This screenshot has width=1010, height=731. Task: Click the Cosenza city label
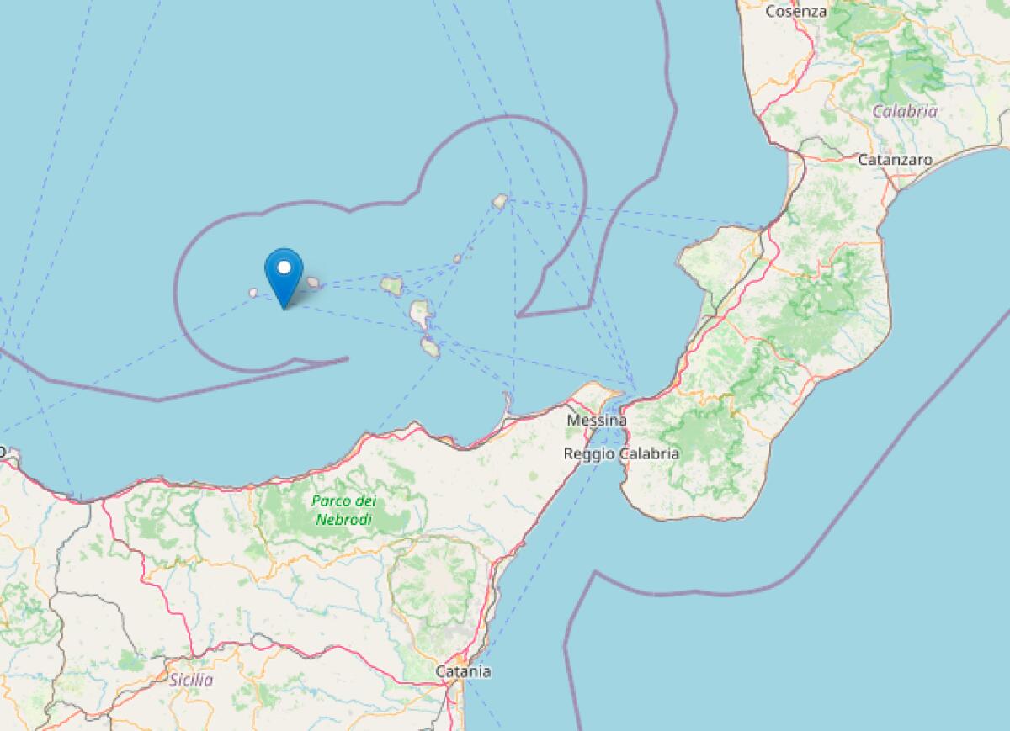[x=795, y=12]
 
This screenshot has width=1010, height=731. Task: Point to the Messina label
[x=597, y=420]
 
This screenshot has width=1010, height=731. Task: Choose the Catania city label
[x=463, y=671]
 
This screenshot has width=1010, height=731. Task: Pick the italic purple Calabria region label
[x=905, y=111]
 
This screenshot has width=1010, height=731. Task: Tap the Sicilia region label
[x=191, y=680]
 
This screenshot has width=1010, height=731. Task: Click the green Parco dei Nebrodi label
[x=343, y=510]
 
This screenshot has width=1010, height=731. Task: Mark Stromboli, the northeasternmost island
[x=500, y=201]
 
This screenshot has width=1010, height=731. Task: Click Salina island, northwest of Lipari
[x=391, y=286]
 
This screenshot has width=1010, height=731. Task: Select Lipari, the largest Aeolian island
[x=420, y=314]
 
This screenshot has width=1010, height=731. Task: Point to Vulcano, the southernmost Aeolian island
[x=430, y=347]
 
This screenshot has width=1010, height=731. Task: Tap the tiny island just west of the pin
[x=252, y=293]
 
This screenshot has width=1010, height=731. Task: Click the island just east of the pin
[x=313, y=283]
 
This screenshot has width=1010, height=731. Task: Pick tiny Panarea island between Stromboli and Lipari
[x=458, y=259]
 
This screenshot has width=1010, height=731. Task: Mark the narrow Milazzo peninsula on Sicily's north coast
[x=508, y=405]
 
